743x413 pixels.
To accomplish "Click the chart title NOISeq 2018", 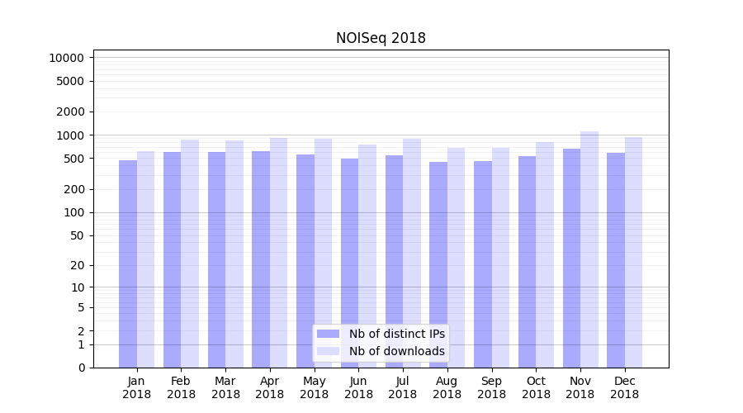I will tap(381, 38).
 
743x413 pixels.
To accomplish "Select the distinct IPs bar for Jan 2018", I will tap(128, 264).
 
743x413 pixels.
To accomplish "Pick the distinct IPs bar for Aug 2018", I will tap(438, 264).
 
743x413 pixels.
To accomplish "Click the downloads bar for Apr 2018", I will tap(279, 253).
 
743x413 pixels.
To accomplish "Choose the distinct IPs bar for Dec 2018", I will tap(616, 260).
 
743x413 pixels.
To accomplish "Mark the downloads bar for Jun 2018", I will tap(367, 256).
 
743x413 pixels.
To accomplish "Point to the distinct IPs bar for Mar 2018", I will tap(216, 259).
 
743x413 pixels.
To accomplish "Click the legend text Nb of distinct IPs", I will tap(397, 334).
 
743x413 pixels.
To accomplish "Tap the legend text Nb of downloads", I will tap(397, 351).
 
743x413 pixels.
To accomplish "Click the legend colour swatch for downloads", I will tap(328, 351).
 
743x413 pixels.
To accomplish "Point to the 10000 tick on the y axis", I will tap(66, 58).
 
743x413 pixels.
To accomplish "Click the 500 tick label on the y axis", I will tap(73, 159).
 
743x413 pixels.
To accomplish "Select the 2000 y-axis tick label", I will tap(69, 112).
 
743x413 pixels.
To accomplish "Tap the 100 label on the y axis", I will tap(73, 212).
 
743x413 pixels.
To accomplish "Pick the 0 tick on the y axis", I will tap(81, 368).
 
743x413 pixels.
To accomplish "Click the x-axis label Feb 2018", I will tap(181, 387).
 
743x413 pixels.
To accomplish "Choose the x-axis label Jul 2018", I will tap(403, 387).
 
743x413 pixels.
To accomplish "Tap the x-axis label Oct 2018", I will tap(536, 387).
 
